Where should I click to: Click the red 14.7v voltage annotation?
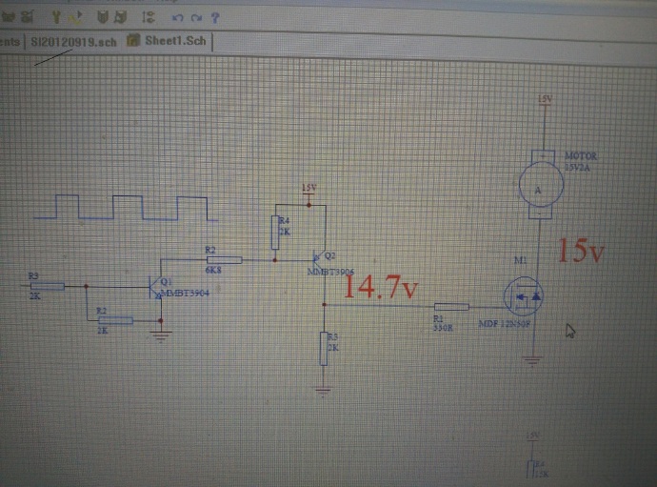381,286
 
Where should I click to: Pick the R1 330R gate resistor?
449,308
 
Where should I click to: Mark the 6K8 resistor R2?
224,258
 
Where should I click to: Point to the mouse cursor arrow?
570,330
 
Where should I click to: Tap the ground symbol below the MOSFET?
532,359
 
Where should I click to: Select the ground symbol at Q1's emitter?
162,334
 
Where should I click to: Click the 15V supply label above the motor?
544,99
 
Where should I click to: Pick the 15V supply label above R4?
308,188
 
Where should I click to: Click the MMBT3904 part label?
186,293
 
